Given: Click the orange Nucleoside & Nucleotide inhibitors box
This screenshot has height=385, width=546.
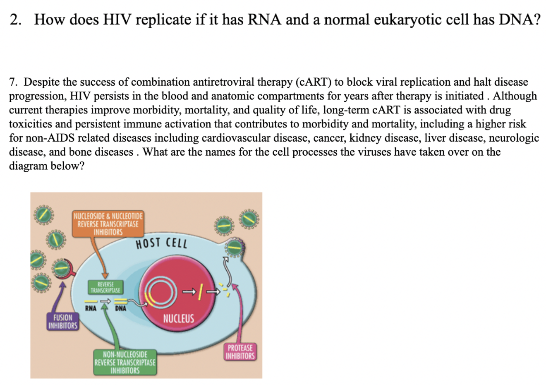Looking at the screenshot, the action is [108, 224].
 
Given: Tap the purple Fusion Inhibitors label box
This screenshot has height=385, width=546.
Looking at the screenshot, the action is [63, 322].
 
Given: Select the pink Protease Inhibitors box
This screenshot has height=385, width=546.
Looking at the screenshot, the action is [240, 352].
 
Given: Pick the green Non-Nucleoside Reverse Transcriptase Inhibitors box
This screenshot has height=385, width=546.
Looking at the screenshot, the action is [125, 362].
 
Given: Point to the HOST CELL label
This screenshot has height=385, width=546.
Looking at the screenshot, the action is [161, 243].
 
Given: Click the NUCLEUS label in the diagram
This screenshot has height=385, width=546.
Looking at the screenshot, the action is [178, 318].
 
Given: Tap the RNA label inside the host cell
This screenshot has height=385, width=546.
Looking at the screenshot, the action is [91, 308].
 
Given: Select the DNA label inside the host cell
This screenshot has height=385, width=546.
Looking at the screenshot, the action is [120, 308].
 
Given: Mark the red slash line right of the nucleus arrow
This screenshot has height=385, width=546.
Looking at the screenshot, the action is [200, 292].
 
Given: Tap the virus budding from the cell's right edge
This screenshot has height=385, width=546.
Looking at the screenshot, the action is [235, 248].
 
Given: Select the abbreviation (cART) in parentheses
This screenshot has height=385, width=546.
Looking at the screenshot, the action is [313, 82].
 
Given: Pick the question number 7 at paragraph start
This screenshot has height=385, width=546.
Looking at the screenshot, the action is [13, 82].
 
